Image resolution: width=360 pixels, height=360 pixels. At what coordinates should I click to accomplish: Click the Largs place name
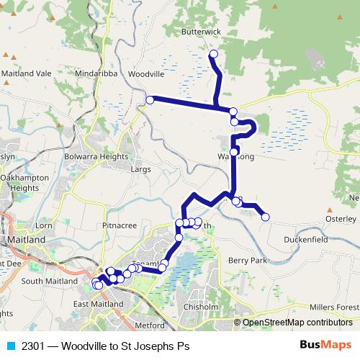click(140, 171)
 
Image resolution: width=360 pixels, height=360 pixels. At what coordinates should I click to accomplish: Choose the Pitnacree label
click(119, 225)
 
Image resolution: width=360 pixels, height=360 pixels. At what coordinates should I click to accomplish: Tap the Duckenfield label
click(305, 239)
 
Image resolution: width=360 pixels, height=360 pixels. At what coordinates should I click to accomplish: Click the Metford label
click(150, 325)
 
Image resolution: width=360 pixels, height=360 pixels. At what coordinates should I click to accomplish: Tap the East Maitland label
click(98, 305)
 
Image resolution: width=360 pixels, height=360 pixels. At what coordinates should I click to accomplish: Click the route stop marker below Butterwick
click(213, 54)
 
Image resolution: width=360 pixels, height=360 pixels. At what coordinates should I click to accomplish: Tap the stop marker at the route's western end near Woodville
click(150, 100)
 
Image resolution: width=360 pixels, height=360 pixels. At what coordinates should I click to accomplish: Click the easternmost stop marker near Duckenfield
click(265, 217)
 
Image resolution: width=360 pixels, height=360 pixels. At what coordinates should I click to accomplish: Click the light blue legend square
click(10, 346)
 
